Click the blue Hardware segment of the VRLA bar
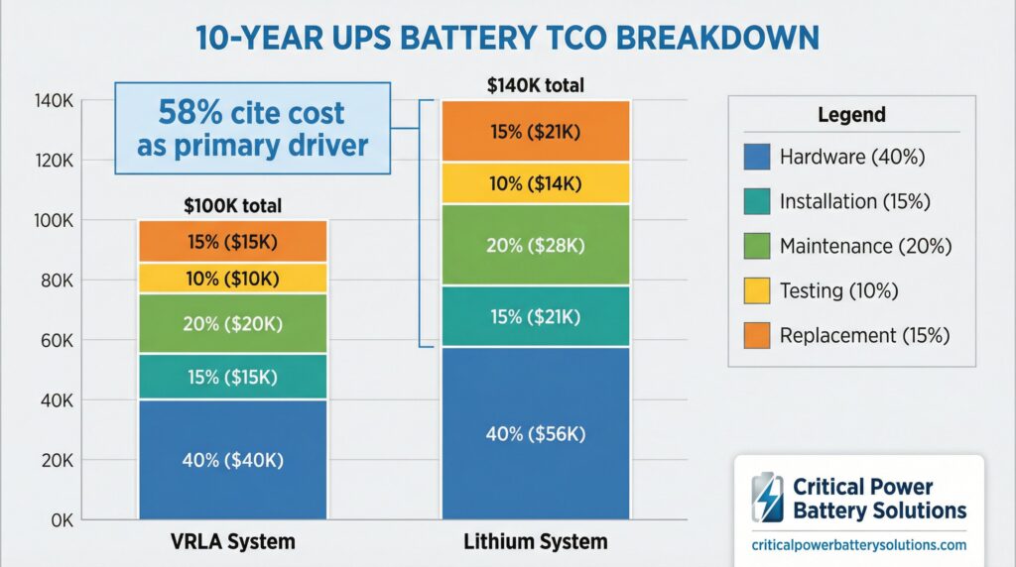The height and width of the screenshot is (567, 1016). click(x=232, y=458)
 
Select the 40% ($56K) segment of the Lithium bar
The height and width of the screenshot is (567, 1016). click(x=536, y=432)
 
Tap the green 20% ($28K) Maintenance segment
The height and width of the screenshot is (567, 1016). click(x=536, y=245)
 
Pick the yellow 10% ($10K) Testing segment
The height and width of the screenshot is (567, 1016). click(x=232, y=278)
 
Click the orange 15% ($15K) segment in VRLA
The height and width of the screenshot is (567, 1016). click(x=232, y=241)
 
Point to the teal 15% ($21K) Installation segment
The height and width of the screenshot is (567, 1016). click(x=536, y=315)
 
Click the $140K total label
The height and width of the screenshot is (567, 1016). click(x=535, y=86)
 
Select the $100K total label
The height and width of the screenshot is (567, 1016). click(x=232, y=206)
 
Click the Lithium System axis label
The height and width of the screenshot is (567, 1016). click(x=536, y=542)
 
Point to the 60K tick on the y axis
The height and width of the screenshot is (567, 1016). click(x=55, y=341)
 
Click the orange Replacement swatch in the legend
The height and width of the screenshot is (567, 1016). click(x=756, y=335)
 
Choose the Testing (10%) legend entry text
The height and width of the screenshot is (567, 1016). click(x=838, y=290)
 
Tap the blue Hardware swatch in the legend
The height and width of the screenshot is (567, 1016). click(x=756, y=157)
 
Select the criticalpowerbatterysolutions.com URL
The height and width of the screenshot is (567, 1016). click(x=859, y=545)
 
